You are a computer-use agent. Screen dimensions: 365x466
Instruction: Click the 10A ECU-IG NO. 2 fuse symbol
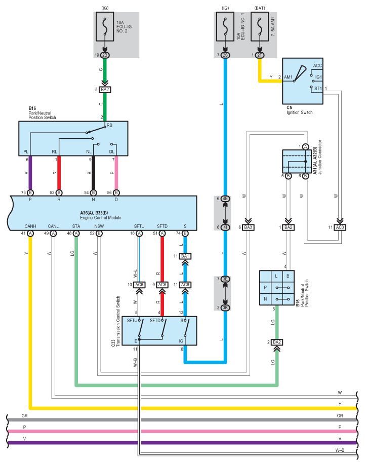[105, 26]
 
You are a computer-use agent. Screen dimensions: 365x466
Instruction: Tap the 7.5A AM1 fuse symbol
[260, 26]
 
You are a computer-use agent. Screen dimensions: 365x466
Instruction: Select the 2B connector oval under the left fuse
[105, 55]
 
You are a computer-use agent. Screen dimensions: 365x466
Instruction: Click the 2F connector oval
[260, 55]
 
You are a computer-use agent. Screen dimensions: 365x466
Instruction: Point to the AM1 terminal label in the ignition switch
[288, 77]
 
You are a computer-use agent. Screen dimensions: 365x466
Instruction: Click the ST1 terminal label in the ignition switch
[318, 89]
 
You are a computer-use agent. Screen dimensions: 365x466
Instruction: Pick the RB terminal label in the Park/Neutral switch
[109, 126]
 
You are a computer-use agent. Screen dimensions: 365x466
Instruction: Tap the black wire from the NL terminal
[93, 173]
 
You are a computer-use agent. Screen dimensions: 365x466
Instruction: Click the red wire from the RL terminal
[59, 173]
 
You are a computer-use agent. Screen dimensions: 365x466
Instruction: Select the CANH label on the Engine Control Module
[30, 226]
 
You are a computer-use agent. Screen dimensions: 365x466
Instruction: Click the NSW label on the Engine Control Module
[99, 226]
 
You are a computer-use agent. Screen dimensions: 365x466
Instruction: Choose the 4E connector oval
[225, 199]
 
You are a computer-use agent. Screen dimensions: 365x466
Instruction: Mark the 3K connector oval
[225, 307]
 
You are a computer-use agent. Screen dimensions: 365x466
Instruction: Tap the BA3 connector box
[248, 227]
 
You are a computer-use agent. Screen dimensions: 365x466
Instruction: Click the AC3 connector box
[340, 227]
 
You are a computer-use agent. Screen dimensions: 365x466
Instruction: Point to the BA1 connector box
[185, 256]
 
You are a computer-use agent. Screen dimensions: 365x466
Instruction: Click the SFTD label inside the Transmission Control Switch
[155, 320]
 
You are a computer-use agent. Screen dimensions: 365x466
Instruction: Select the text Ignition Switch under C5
[299, 112]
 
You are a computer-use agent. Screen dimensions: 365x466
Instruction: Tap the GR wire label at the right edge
[340, 416]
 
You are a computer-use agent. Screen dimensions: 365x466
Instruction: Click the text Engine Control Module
[101, 217]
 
